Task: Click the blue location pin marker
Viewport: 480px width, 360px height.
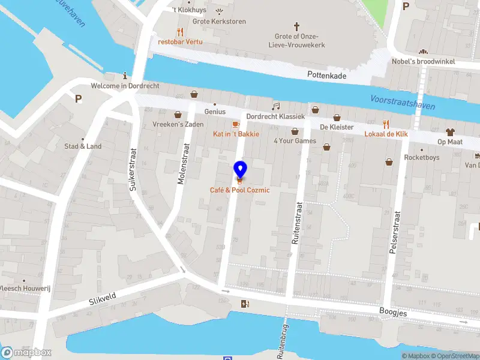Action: pos(240,170)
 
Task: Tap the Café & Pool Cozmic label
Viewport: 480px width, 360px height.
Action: pos(239,190)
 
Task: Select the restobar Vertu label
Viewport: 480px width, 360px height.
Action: pos(180,42)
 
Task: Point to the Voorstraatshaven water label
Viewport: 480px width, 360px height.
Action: pos(403,103)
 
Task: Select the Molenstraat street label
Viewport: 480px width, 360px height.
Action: pos(184,164)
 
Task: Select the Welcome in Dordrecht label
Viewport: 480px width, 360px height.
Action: pos(125,86)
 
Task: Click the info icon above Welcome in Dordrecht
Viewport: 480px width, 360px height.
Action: pos(125,76)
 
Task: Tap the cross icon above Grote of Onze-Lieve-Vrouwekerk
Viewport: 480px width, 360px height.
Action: pos(296,26)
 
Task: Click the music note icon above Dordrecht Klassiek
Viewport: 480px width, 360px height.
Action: pos(275,106)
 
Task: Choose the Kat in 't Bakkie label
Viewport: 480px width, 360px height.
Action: pos(236,134)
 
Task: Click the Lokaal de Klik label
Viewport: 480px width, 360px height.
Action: pos(386,134)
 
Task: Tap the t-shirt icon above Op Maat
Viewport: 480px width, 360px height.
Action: pos(449,131)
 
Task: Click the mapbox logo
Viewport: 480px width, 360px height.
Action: pos(26,353)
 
